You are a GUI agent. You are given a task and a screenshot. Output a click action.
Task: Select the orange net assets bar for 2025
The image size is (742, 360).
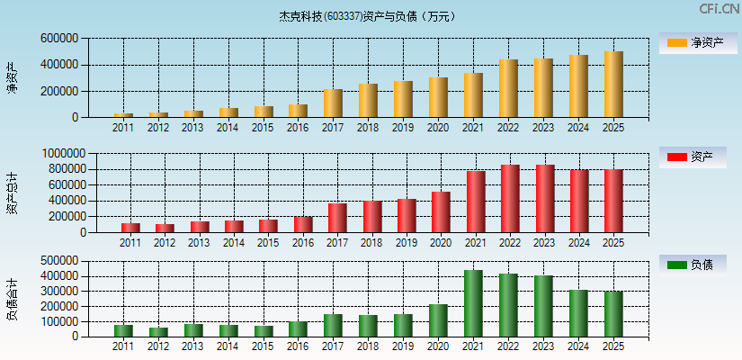coord(613,85)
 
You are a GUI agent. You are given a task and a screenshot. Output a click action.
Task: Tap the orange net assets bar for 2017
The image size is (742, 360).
coord(333,103)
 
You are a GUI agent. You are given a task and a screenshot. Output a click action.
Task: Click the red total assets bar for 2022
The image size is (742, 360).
coord(510,199)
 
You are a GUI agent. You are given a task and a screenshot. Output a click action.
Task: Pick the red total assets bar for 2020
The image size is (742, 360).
coord(441,212)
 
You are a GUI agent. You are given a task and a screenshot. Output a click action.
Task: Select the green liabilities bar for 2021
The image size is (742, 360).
coord(473,303)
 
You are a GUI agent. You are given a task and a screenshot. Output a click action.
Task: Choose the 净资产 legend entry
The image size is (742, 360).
coord(698,43)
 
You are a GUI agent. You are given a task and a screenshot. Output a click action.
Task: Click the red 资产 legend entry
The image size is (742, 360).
coord(698,157)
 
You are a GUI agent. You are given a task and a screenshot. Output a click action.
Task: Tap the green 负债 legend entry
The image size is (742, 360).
coord(698,265)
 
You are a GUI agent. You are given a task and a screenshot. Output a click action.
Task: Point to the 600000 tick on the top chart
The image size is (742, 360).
coord(59,39)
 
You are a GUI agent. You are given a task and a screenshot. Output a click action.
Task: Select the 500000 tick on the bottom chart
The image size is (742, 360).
coord(59,261)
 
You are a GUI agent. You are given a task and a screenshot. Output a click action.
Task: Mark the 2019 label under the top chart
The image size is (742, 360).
coord(402,128)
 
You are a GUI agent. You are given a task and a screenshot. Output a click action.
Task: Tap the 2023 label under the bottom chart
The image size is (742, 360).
coord(542,346)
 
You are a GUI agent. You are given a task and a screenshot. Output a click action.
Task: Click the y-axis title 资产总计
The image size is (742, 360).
coord(13,193)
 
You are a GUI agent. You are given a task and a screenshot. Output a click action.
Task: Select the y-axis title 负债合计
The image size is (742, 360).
coord(13,299)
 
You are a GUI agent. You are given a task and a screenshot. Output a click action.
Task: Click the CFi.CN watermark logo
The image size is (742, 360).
coord(719,9)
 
